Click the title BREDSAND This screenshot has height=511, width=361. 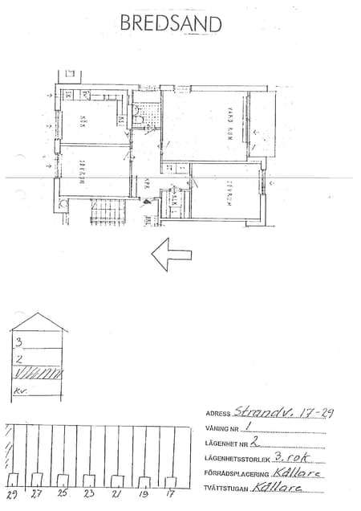[x=170, y=23]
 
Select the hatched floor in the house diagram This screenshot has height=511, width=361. [x=39, y=372]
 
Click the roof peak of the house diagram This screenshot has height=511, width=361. [x=38, y=315]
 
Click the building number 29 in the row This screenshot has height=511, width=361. [x=13, y=495]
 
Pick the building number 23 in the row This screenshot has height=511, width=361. [x=90, y=495]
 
